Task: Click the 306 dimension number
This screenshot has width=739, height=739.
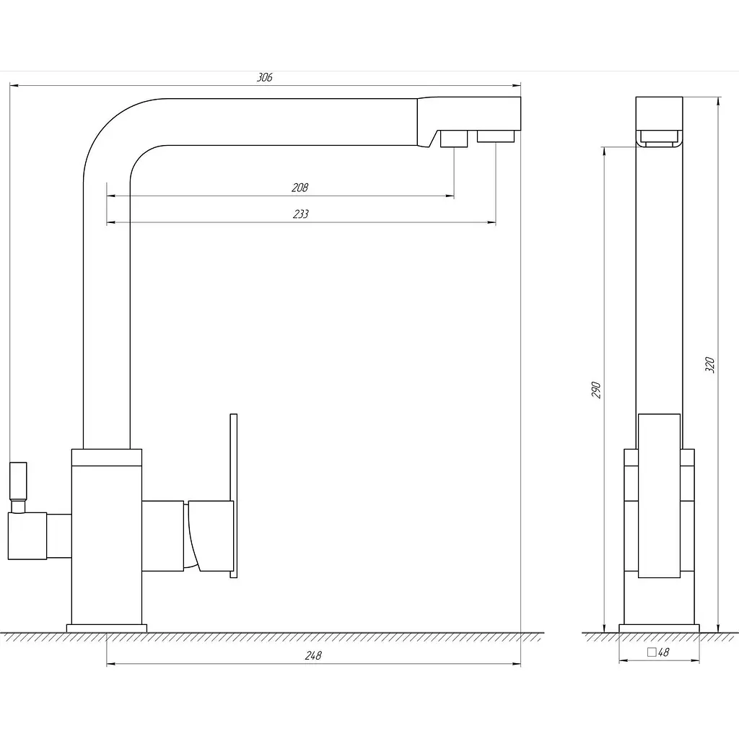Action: [264, 77]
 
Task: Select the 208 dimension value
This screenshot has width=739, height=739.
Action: [299, 188]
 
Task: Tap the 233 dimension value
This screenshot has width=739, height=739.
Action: [301, 214]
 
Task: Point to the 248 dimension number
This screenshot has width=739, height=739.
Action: [313, 655]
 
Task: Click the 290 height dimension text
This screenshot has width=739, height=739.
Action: [596, 390]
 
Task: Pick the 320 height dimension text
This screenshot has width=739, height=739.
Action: [710, 365]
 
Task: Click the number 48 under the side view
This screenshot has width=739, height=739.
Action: [664, 652]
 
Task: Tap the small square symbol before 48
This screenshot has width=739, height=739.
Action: [652, 652]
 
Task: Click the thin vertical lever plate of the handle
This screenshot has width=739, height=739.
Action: [233, 495]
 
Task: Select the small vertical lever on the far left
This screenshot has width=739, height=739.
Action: [18, 481]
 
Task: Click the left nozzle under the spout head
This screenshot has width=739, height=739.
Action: [454, 139]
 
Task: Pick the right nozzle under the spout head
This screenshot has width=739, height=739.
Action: [495, 136]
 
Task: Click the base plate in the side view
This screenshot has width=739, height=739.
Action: [659, 629]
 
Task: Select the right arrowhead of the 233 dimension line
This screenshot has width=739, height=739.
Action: [491, 222]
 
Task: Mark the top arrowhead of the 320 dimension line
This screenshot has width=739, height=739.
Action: [718, 102]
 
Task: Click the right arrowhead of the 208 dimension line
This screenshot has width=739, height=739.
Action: [450, 196]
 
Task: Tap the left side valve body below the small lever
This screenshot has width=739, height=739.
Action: [27, 536]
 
